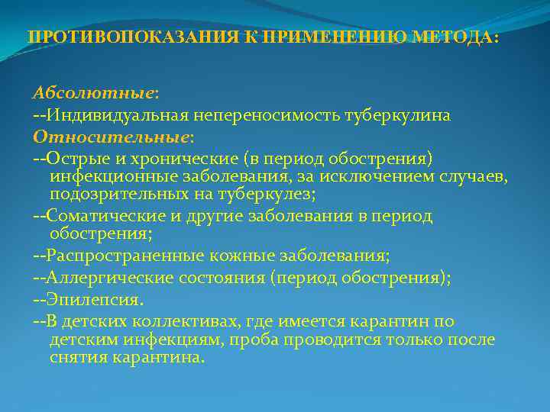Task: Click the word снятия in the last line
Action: (76, 357)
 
